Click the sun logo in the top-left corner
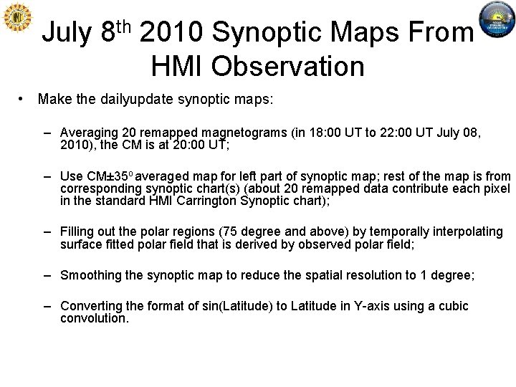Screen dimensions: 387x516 tap(18, 18)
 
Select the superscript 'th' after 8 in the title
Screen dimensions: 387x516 tap(124, 26)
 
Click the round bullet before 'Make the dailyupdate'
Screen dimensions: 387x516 tap(24, 99)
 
